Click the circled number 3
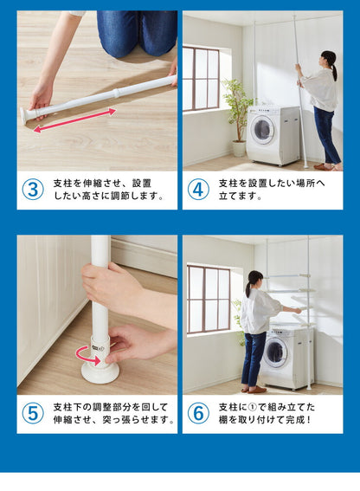pyautogui.click(x=33, y=190)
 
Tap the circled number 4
pyautogui.click(x=198, y=190)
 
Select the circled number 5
pyautogui.click(x=33, y=414)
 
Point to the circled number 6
pyautogui.click(x=198, y=414)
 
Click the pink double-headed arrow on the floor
pyautogui.click(x=74, y=120)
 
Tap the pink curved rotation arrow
pyautogui.click(x=87, y=356)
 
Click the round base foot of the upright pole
pyautogui.click(x=100, y=373)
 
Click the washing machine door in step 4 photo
pyautogui.click(x=262, y=130)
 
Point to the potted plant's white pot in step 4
pyautogui.click(x=239, y=148)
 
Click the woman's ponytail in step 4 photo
pyautogui.click(x=334, y=71)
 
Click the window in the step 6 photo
pyautogui.click(x=209, y=300)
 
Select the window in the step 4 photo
pyautogui.click(x=201, y=79)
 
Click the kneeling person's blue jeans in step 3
pyautogui.click(x=137, y=33)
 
